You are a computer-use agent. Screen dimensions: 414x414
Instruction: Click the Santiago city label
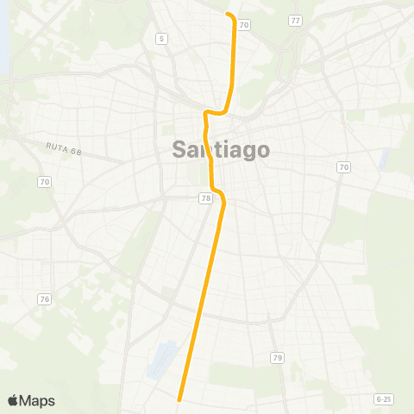(221, 149)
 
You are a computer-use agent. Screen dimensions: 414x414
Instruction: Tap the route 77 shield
(296, 20)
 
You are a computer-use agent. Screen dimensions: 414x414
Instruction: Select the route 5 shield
(161, 39)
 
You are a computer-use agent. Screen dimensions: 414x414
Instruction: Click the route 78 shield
(205, 199)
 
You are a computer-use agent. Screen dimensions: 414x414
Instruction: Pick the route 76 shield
(43, 298)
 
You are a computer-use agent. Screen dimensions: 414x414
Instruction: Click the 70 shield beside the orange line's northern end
(244, 25)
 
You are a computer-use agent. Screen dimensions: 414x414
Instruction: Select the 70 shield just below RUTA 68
(43, 181)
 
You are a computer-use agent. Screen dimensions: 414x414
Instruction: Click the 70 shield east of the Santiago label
(344, 166)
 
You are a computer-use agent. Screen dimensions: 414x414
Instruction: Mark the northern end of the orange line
(228, 14)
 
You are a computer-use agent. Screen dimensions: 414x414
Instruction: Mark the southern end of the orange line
(179, 398)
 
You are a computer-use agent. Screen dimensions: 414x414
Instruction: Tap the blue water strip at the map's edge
(3, 43)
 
